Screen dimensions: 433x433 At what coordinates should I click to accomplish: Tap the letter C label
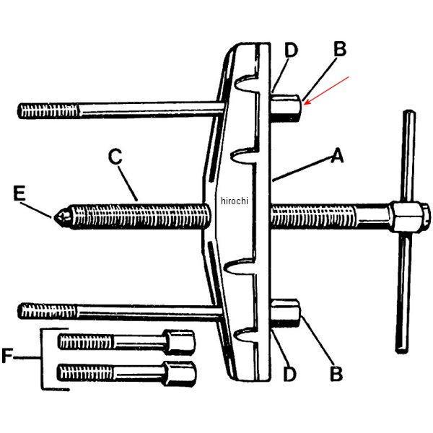[115, 156]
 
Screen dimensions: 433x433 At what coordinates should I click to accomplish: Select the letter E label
[20, 193]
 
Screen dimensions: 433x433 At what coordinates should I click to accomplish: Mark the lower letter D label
[289, 374]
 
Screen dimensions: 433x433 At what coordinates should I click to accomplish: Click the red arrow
[326, 89]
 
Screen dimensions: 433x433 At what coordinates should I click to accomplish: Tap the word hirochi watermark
[234, 201]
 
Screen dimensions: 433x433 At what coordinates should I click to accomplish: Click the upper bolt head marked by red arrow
[289, 107]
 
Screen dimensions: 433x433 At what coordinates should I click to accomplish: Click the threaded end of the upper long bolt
[43, 111]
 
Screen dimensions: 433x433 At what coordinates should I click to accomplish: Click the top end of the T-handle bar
[409, 115]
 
